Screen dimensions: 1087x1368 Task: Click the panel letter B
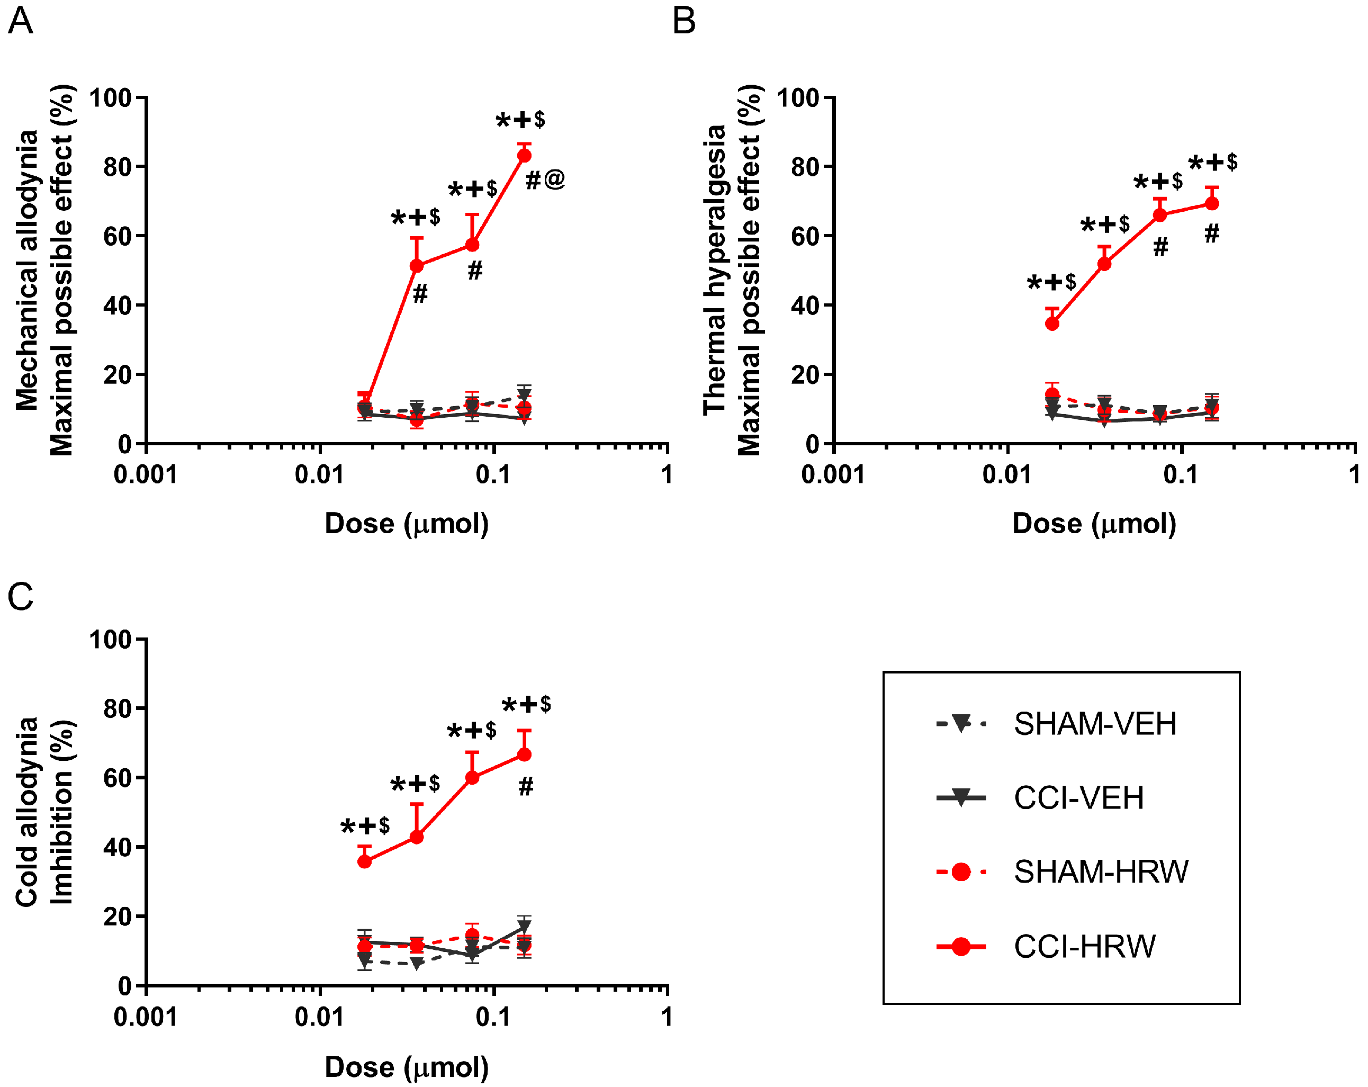pyautogui.click(x=683, y=21)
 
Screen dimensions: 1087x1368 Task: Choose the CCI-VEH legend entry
pyautogui.click(x=1078, y=797)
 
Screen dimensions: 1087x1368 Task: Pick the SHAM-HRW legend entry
pyautogui.click(x=1100, y=872)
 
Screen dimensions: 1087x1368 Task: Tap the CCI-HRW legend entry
pyautogui.click(x=1084, y=946)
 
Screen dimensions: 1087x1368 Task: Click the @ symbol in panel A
pyautogui.click(x=554, y=179)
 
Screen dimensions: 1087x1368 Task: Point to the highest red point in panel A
pyautogui.click(x=524, y=156)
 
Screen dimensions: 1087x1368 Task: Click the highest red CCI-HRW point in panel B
pyautogui.click(x=1211, y=204)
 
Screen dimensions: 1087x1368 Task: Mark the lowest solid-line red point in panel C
pyautogui.click(x=365, y=861)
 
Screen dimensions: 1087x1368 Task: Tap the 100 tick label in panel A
pyautogui.click(x=110, y=98)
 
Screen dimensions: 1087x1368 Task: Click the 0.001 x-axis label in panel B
pyautogui.click(x=832, y=474)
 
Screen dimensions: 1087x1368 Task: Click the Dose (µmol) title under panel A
pyautogui.click(x=407, y=524)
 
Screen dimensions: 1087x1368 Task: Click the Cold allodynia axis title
pyautogui.click(x=26, y=812)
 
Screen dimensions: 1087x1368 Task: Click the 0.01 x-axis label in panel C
pyautogui.click(x=319, y=1017)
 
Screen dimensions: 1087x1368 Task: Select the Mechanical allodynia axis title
pyautogui.click(x=26, y=269)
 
